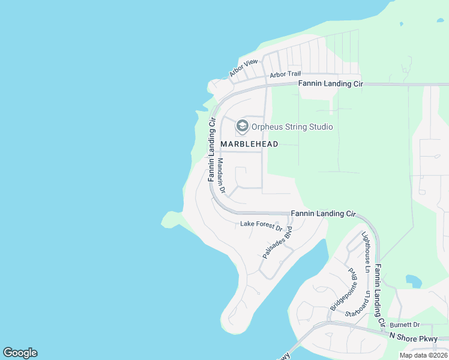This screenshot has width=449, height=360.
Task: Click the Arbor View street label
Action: coord(243,68)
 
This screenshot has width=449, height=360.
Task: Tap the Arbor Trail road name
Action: coord(285,74)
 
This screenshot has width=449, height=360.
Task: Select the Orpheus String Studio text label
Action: coord(292,127)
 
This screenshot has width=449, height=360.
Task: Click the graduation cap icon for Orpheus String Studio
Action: coord(243,126)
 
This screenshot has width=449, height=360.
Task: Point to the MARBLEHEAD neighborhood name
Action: coord(249,144)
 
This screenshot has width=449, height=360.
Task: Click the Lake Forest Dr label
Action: coord(261,225)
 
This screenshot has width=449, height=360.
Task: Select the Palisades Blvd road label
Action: coord(277,242)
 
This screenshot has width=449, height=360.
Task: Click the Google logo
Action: coord(20,353)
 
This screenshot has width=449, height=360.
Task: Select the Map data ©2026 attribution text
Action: coord(423,355)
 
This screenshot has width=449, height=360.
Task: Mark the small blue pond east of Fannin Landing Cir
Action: coord(414,280)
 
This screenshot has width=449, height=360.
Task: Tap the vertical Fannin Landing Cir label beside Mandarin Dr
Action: coord(211,150)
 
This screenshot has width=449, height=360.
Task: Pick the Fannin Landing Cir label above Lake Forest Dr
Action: coord(323,214)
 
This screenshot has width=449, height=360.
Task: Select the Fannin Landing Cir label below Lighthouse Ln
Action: coord(379,294)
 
